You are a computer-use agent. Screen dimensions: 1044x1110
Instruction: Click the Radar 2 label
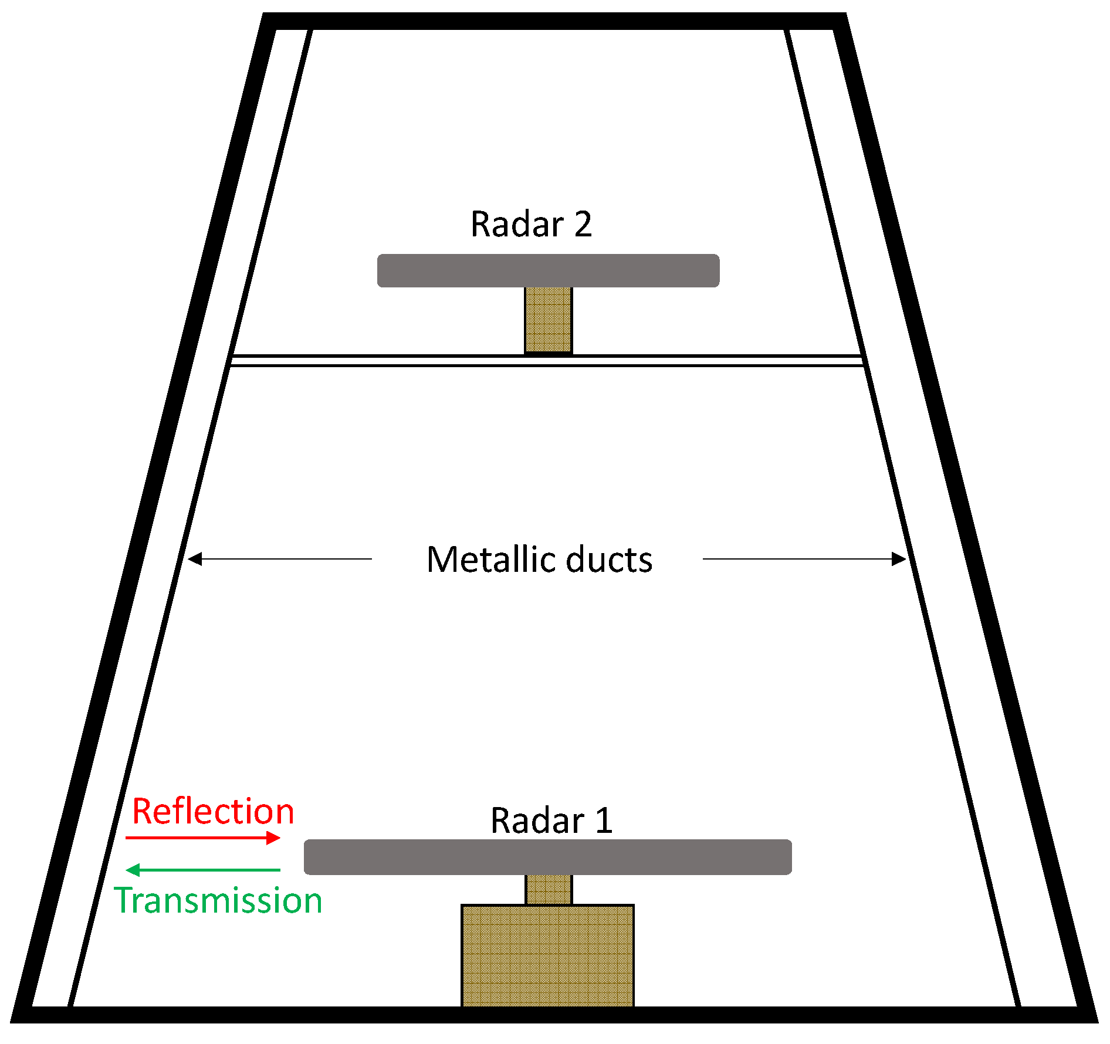(x=531, y=224)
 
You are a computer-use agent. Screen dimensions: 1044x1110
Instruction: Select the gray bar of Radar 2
(x=548, y=270)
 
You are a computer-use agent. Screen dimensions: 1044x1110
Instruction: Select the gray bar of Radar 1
(x=547, y=857)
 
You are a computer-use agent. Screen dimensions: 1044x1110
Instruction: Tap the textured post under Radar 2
(x=548, y=319)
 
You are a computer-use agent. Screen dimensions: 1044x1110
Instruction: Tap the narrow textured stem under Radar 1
(x=548, y=889)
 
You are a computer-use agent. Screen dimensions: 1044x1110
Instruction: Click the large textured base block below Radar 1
(x=547, y=955)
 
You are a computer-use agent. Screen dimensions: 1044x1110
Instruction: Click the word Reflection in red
(x=213, y=812)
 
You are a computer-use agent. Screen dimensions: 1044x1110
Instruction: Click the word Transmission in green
(x=218, y=901)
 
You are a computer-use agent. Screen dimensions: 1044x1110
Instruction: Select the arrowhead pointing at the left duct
(x=195, y=559)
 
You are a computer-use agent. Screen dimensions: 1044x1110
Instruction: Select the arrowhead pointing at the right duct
(x=898, y=559)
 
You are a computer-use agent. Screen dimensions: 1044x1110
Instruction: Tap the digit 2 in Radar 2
(x=583, y=224)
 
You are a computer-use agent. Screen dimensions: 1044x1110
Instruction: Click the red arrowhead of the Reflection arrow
(x=273, y=838)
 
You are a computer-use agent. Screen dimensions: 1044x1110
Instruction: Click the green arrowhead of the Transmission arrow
(x=133, y=870)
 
